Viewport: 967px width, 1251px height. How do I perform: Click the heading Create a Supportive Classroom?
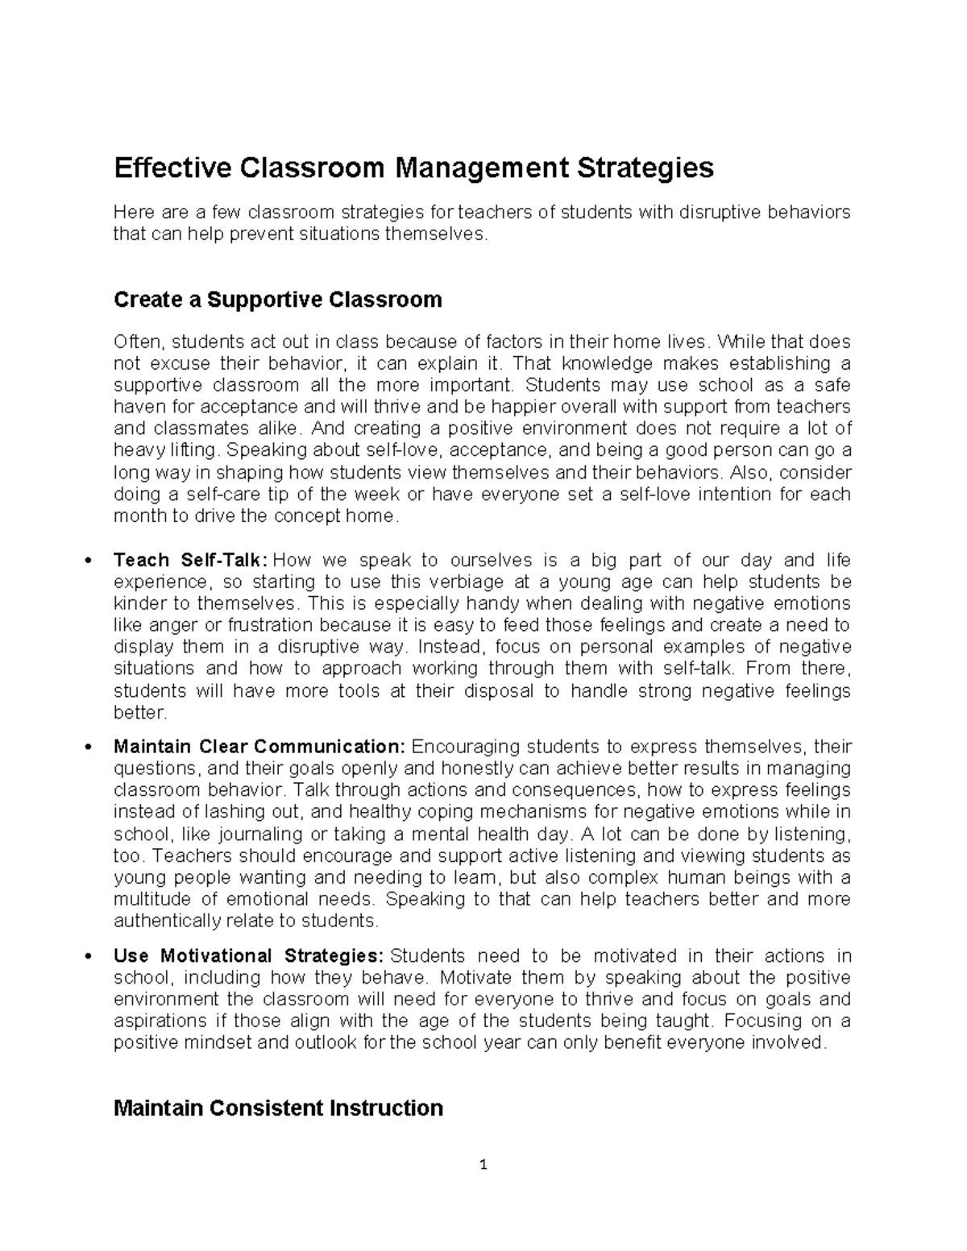point(278,300)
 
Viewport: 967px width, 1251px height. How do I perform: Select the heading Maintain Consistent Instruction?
point(278,1108)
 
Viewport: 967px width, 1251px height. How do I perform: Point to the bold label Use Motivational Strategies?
point(248,955)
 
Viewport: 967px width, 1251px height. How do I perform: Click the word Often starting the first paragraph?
point(137,342)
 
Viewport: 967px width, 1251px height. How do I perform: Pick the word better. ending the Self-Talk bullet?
point(140,712)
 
